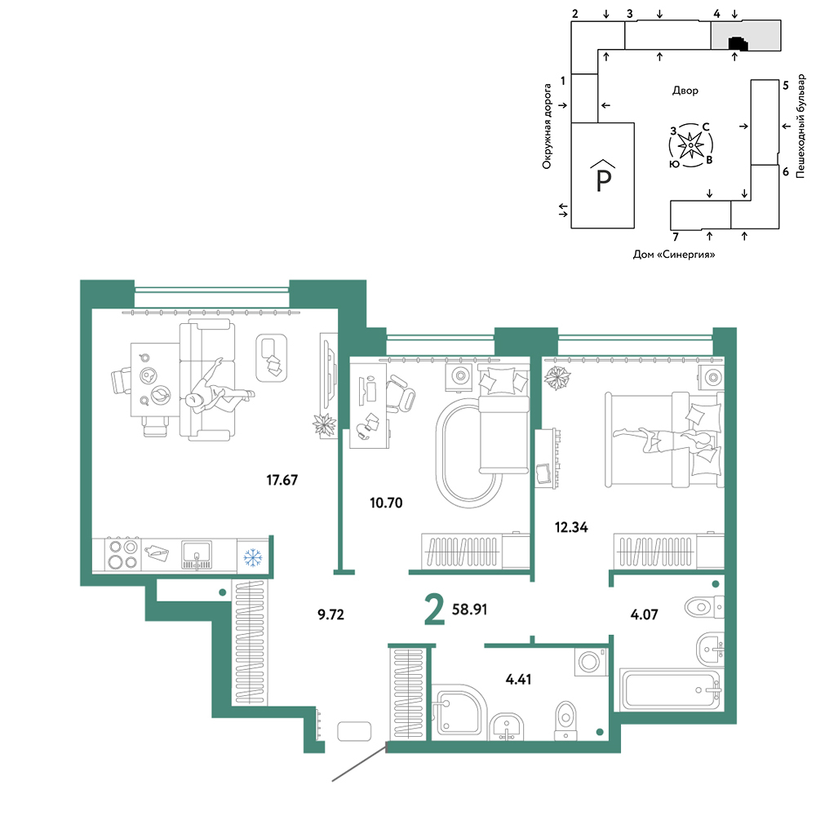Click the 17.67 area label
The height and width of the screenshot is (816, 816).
282,480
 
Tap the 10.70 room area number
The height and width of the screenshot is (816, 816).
386,503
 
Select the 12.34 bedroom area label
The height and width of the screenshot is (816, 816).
571,527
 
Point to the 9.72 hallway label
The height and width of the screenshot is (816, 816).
331,614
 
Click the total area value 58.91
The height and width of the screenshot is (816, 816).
469,609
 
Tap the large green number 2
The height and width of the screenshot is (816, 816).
435,610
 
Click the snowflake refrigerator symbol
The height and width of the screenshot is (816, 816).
253,557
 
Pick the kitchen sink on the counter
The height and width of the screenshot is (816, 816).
197,555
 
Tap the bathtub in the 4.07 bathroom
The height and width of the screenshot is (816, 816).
670,690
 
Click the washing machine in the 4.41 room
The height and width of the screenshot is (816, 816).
591,662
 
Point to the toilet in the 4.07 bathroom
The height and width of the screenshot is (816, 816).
704,607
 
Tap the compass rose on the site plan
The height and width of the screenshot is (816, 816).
690,145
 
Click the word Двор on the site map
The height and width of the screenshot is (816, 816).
685,91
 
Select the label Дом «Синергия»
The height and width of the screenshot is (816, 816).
674,255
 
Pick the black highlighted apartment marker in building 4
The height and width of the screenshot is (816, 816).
738,43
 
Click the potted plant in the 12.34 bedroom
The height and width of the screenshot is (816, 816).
557,378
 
